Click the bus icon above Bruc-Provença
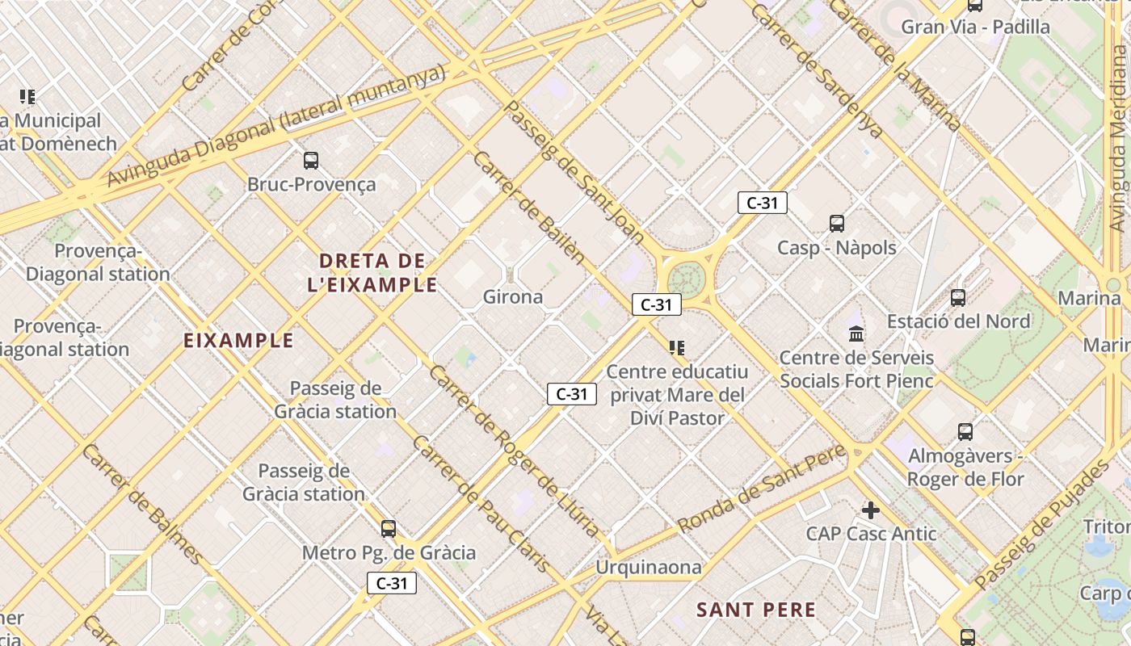point(311,161)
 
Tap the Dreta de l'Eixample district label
point(372,272)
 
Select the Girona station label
point(513,297)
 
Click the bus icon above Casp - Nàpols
point(837,224)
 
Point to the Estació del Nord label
point(958,321)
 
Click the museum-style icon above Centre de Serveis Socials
point(856,333)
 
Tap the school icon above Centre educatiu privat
point(677,348)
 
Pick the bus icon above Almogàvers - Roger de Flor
point(965,432)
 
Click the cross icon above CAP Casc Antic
point(870,510)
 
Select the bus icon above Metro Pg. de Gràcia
point(389,529)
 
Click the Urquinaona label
point(649,568)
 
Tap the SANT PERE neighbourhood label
point(756,610)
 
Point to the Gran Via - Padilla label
point(975,27)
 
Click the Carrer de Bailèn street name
point(528,207)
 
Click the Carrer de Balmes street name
point(141,502)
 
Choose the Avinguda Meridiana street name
point(1118,128)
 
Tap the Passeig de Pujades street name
point(1043,524)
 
